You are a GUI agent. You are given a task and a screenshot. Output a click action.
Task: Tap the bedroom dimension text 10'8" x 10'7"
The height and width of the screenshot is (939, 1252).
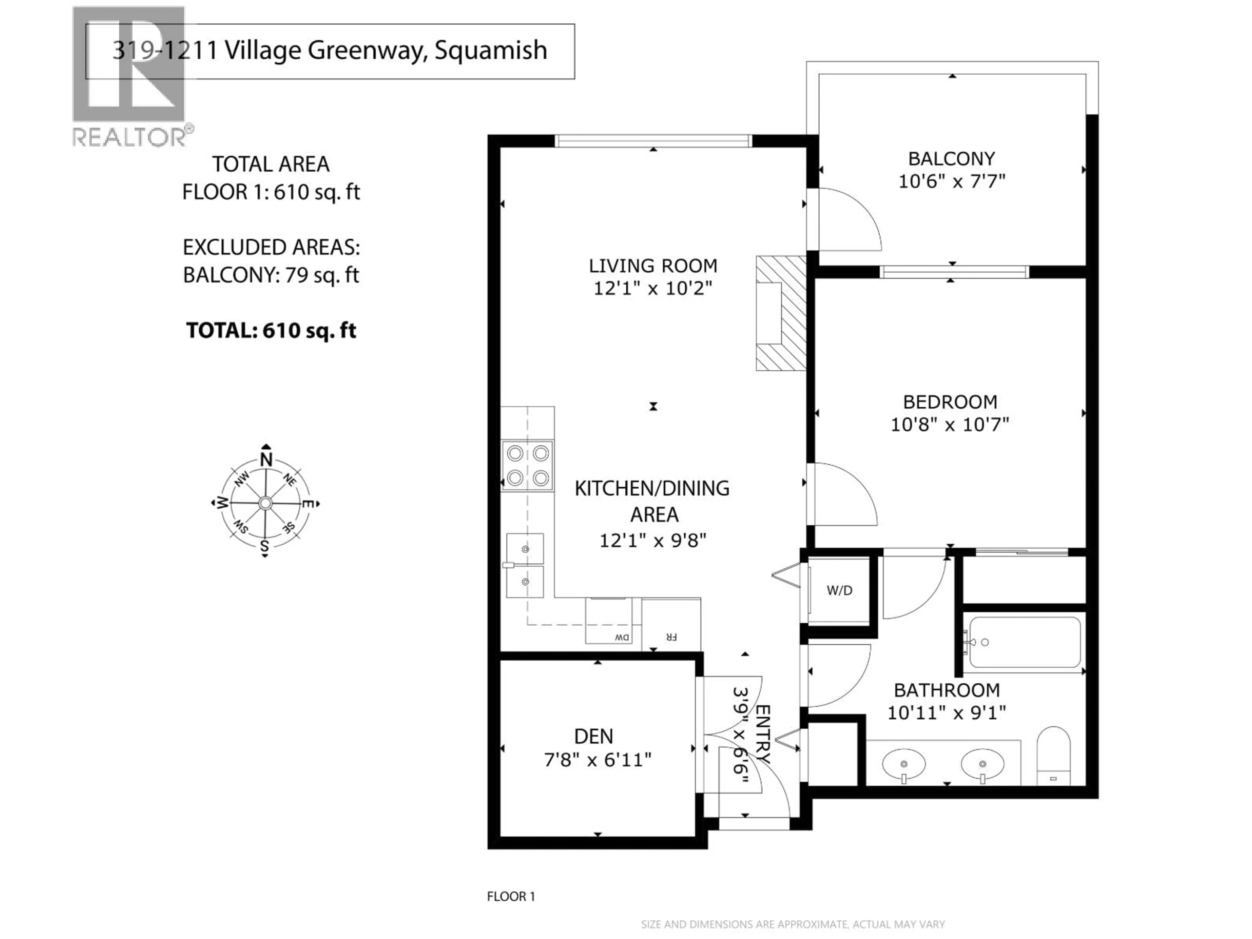click(950, 425)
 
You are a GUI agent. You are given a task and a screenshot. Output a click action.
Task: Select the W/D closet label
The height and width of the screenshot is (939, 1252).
click(839, 591)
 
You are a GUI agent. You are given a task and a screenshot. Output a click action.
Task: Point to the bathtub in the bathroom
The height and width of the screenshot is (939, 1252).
click(1024, 642)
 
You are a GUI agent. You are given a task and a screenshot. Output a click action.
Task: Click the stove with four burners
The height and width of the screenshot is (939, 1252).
click(528, 466)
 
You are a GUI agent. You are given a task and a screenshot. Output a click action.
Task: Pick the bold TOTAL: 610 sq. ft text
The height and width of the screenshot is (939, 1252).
click(271, 331)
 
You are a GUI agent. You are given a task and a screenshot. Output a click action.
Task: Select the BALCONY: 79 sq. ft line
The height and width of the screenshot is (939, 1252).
click(271, 275)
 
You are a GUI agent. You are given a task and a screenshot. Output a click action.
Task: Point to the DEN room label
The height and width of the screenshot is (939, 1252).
click(593, 737)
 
